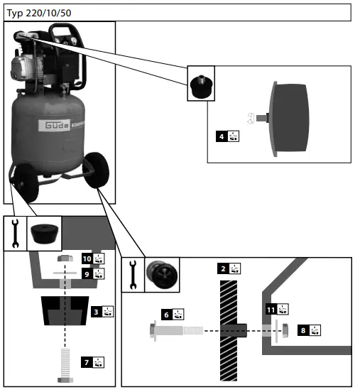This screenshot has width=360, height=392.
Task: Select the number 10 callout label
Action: (x=87, y=258)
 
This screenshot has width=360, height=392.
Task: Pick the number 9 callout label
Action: (x=87, y=273)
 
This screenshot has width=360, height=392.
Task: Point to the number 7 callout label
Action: (x=87, y=361)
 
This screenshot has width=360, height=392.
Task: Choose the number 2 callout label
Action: (x=223, y=268)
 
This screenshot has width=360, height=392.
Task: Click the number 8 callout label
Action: (x=302, y=330)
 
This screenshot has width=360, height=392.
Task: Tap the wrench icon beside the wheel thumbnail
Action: (x=133, y=275)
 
